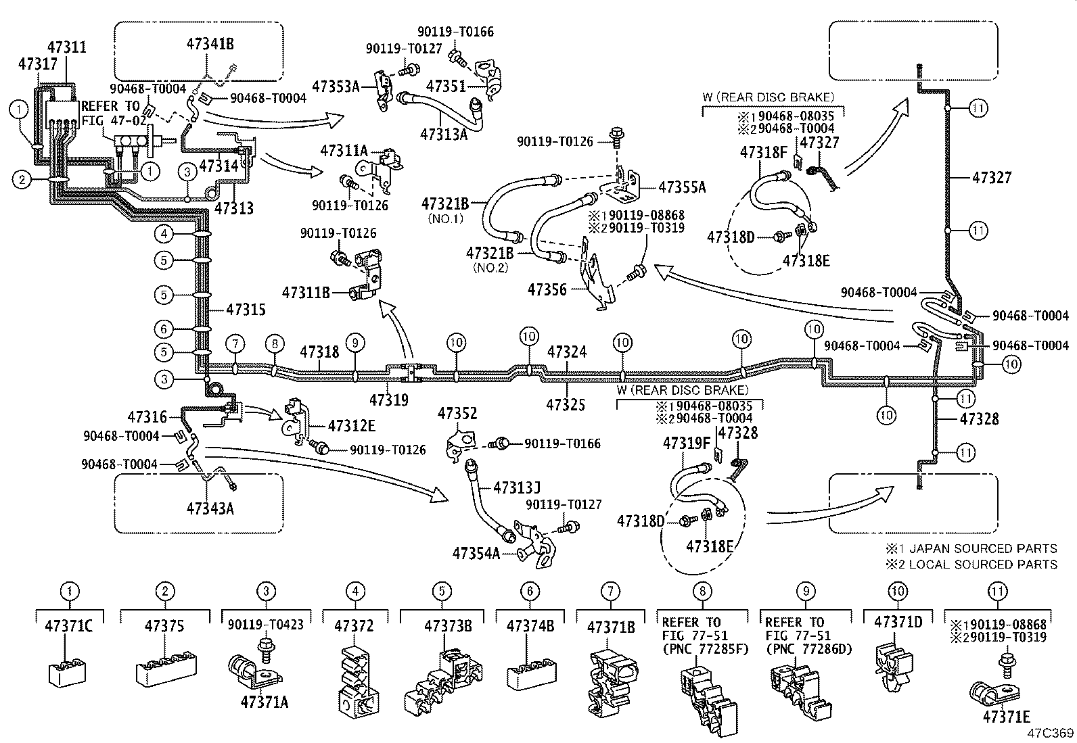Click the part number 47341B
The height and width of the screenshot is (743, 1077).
tap(210, 44)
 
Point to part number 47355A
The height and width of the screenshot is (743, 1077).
tap(681, 187)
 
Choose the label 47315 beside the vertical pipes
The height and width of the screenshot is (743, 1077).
tap(246, 310)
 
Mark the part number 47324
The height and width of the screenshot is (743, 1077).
tap(567, 352)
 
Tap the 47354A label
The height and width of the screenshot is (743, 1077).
tap(476, 553)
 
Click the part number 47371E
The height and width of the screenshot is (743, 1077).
tap(1007, 717)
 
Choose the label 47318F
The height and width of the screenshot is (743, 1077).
tap(764, 152)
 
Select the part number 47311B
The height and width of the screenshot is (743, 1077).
tap(306, 292)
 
